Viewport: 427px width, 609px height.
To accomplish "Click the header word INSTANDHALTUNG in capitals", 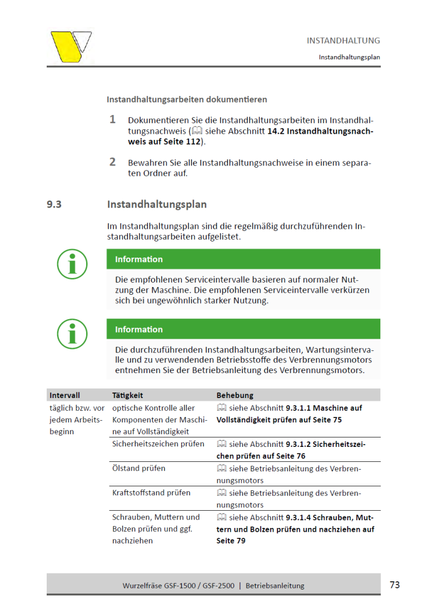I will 343,41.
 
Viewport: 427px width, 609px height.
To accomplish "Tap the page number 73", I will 394,585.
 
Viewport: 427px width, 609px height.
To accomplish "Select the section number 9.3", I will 54,204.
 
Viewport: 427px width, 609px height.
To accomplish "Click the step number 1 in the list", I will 112,119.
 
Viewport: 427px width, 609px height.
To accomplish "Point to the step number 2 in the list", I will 112,162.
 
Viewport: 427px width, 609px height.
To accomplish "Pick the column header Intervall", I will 64,395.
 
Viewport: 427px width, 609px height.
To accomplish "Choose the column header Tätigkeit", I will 128,395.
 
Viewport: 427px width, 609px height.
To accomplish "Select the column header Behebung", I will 235,395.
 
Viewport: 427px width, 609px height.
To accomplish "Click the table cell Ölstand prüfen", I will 138,468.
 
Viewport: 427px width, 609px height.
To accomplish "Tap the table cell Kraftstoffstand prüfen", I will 151,492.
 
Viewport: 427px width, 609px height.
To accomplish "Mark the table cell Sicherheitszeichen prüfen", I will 158,444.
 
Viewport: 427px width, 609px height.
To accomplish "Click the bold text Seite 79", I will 231,541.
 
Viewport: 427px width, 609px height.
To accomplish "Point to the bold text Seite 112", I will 181,142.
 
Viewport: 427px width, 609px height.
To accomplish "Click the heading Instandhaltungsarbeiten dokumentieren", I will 187,100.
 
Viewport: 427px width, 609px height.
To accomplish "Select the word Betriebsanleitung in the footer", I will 275,585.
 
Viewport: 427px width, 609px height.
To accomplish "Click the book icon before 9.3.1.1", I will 221,408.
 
